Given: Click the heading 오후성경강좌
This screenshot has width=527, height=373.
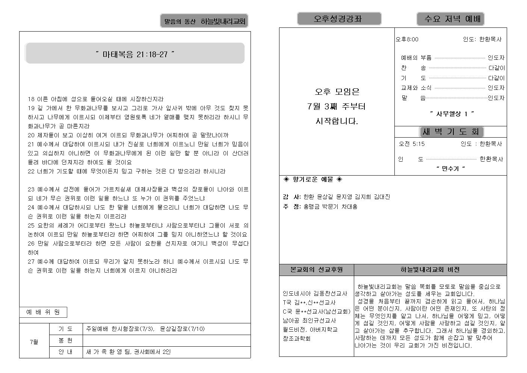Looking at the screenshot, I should point(339,19).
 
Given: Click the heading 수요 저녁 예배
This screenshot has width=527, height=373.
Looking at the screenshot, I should point(450,19).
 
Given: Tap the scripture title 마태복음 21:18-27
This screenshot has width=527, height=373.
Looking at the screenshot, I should point(135,54).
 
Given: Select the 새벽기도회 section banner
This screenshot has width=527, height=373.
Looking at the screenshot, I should point(451,132).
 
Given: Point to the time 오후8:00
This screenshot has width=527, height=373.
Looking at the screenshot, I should point(407,39).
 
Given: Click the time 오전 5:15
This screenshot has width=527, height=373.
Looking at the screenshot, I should point(412,144).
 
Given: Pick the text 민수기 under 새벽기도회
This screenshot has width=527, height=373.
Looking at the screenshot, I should point(450,168).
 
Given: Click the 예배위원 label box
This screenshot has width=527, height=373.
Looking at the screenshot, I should point(43,312).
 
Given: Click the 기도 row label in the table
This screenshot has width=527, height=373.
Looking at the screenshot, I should point(65,329).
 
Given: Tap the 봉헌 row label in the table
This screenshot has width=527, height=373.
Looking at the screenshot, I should point(65,340).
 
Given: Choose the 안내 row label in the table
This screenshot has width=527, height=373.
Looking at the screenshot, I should point(65,352).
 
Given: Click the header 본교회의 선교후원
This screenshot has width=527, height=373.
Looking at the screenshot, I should point(316,270).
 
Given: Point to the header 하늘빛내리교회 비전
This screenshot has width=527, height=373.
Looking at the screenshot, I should point(430,270).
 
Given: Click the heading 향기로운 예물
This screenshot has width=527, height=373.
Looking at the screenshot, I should point(313,179).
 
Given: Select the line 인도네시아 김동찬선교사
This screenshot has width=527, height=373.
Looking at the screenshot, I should point(315,293).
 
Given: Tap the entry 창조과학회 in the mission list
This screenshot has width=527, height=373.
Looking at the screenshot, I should point(296,338).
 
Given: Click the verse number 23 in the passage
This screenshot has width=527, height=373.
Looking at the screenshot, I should point(31,190).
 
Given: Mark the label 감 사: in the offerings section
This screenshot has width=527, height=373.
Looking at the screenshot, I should point(292,197).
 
